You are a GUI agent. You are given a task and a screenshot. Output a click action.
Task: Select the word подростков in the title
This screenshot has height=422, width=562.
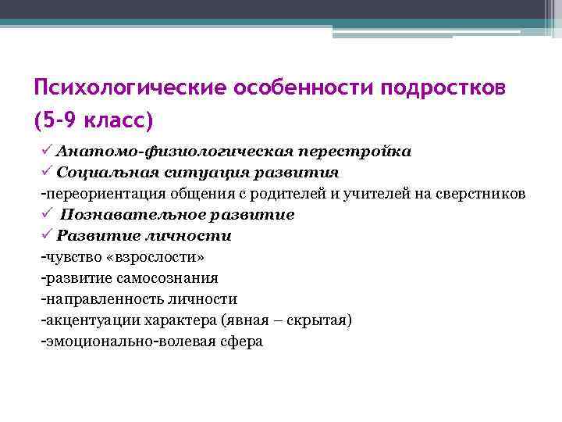tap(443, 88)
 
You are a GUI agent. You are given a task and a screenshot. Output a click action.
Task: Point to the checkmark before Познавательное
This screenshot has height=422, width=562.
tap(47, 213)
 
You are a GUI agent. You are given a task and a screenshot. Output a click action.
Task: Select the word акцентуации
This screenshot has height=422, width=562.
tap(90, 320)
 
